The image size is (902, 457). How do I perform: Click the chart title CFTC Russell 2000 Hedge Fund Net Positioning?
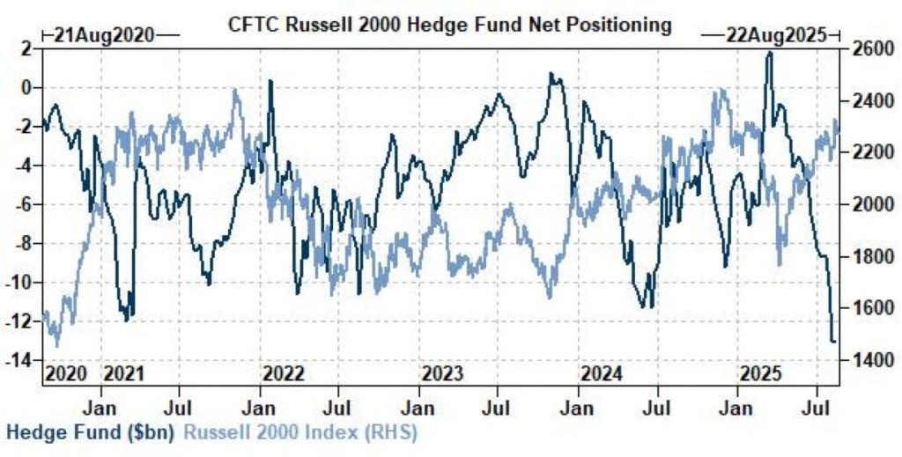tap(449, 25)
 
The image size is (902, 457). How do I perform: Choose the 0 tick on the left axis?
tap(27, 87)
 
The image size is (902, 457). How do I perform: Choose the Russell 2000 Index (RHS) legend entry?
tap(299, 432)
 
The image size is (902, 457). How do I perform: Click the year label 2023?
tap(442, 373)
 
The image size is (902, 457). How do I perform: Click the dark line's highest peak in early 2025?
tap(770, 53)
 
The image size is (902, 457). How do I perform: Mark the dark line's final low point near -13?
tap(833, 342)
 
